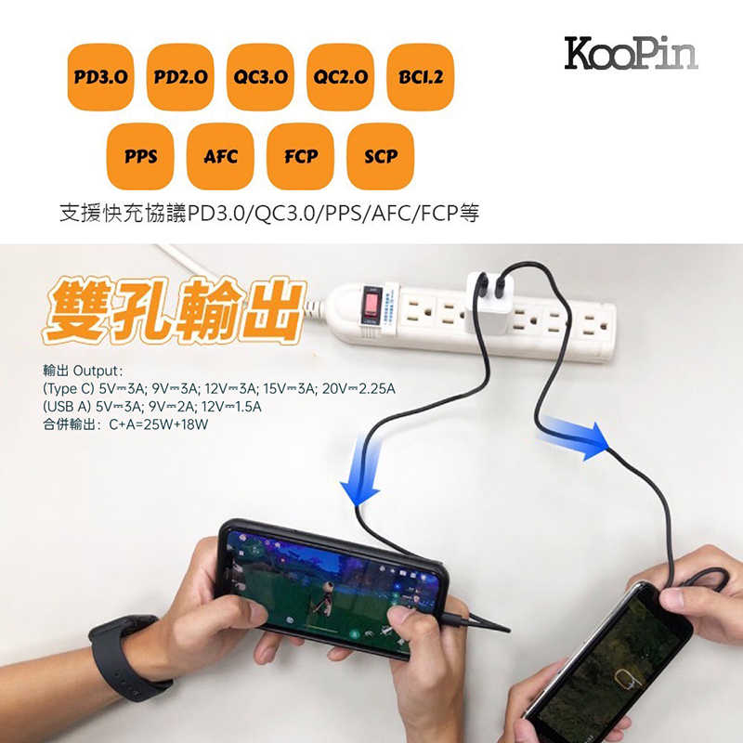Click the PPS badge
[140, 156]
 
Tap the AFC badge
[220, 156]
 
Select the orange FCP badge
[300, 156]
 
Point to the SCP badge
[380, 156]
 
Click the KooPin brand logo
[631, 54]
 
